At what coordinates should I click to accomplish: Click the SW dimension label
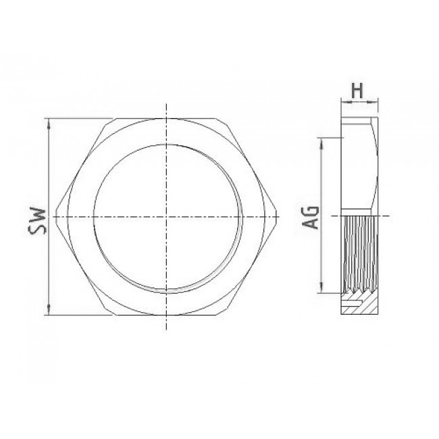click(37, 221)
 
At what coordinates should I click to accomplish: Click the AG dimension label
click(311, 217)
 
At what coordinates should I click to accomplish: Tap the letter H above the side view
click(357, 91)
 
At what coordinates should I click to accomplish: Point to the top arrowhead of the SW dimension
click(49, 124)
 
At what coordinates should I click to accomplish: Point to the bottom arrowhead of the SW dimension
click(49, 309)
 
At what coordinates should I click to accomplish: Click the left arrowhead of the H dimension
click(346, 103)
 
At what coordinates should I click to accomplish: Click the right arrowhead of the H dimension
click(373, 103)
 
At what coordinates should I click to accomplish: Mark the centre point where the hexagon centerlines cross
click(167, 217)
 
